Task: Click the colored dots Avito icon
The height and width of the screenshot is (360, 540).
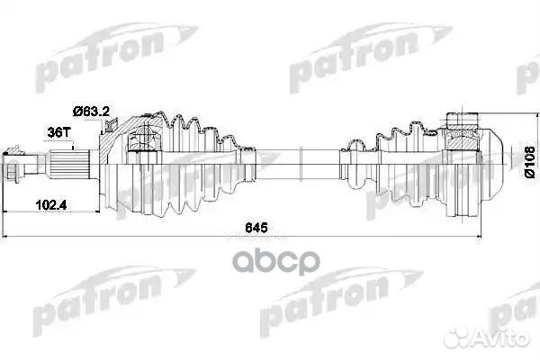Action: tap(472, 338)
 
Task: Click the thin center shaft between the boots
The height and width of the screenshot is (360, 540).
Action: tap(288, 166)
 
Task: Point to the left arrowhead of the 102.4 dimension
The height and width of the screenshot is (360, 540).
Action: tap(8, 213)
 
